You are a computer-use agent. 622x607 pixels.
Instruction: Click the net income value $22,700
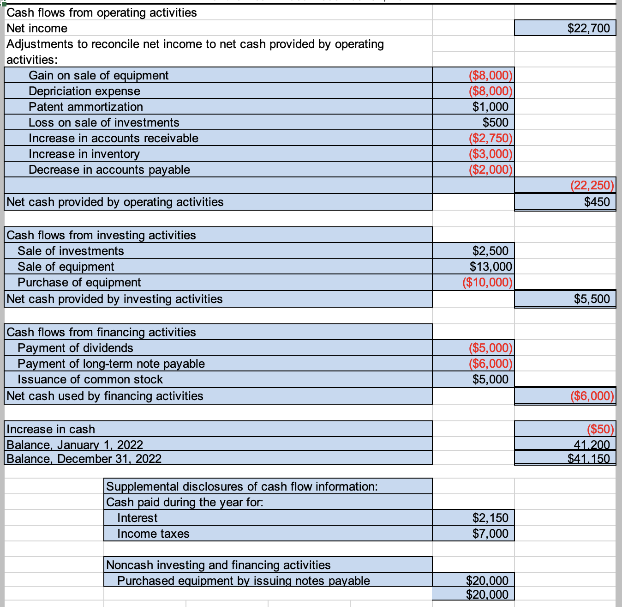[x=588, y=28]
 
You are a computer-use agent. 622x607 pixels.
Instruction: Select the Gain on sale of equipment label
[x=98, y=75]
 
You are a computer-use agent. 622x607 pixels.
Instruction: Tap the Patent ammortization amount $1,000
[x=490, y=107]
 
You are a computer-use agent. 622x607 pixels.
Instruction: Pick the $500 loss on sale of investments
[x=495, y=122]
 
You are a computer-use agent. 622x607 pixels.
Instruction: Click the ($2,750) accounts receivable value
[x=490, y=138]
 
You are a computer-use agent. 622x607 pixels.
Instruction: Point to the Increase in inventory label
[x=84, y=154]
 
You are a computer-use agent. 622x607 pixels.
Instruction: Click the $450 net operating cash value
[x=597, y=202]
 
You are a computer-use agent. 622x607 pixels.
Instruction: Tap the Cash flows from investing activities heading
[x=101, y=235]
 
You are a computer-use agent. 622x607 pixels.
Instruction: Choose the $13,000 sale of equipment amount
[x=490, y=267]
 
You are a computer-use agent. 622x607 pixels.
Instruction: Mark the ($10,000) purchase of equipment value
[x=487, y=282]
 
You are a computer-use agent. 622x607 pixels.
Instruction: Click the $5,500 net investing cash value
[x=592, y=299]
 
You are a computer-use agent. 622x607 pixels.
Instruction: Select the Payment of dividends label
[x=75, y=348]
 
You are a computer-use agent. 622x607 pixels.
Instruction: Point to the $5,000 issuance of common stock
[x=490, y=379]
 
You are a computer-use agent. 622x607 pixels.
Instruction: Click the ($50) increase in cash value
[x=600, y=429]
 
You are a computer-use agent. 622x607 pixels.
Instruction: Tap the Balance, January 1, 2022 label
[x=75, y=444]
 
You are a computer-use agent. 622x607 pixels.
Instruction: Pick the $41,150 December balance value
[x=588, y=459]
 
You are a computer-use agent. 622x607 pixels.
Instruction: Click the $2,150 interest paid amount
[x=490, y=518]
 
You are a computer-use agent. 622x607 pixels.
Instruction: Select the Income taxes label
[x=153, y=534]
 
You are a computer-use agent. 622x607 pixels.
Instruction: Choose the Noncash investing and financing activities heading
[x=218, y=565]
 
